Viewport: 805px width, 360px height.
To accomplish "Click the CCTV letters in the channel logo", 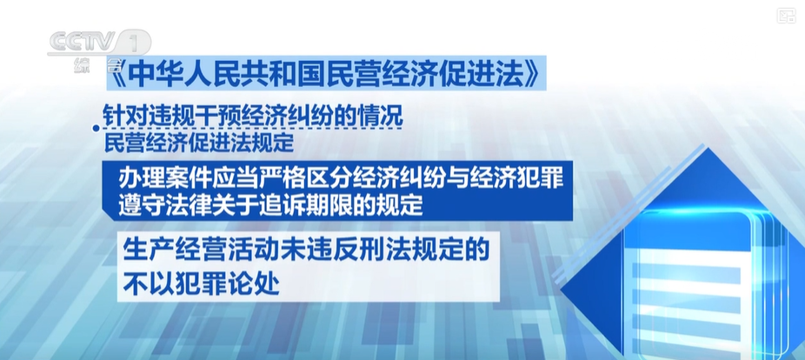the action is pyautogui.click(x=82, y=41).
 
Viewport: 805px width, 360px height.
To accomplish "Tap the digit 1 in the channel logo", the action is pyautogui.click(x=135, y=42).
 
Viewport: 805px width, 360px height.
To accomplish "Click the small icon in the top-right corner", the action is pyautogui.click(x=786, y=16).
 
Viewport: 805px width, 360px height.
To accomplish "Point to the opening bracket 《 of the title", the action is pyautogui.click(x=117, y=75).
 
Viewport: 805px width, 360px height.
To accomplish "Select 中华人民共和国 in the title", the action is pyautogui.click(x=219, y=76).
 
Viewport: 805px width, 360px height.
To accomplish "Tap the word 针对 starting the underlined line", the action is pyautogui.click(x=123, y=116).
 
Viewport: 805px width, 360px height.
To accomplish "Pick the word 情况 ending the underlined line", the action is pyautogui.click(x=383, y=116).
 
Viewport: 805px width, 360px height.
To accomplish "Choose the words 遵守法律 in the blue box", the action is pyautogui.click(x=158, y=206).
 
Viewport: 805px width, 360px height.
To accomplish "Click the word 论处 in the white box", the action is pyautogui.click(x=257, y=284).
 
